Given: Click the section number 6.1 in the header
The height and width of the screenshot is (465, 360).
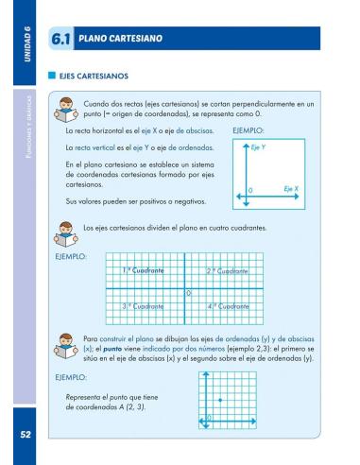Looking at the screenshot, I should [64, 39].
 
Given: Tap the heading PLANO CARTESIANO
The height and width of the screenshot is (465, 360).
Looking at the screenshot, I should [120, 39].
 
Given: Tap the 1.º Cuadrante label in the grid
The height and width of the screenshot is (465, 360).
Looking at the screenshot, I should [144, 271].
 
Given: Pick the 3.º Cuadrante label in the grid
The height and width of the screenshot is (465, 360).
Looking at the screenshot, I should [144, 306].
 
